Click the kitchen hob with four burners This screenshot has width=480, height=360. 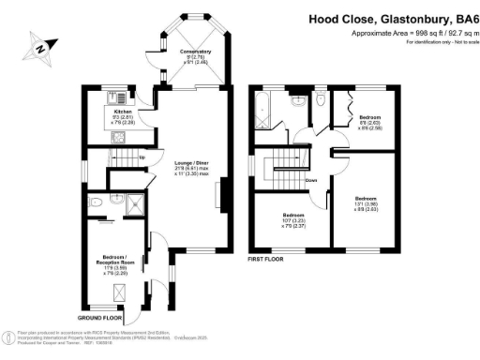[x=119, y=97]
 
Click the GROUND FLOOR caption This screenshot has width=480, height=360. [x=96, y=320]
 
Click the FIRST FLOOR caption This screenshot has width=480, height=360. [x=266, y=258]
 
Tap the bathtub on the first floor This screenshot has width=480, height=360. [x=266, y=111]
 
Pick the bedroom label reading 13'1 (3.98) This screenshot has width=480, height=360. [x=366, y=203]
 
